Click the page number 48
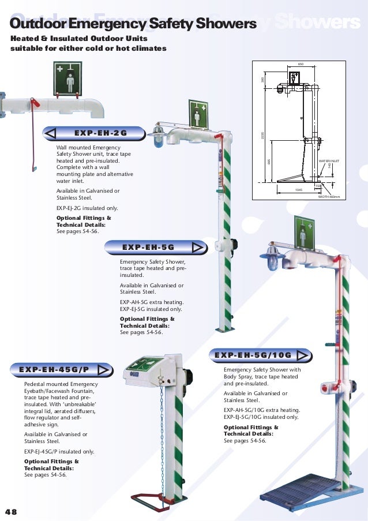[10, 511]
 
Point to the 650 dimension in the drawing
[300, 64]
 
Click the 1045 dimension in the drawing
[299, 189]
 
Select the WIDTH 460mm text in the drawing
[331, 197]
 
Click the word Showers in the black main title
[231, 24]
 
